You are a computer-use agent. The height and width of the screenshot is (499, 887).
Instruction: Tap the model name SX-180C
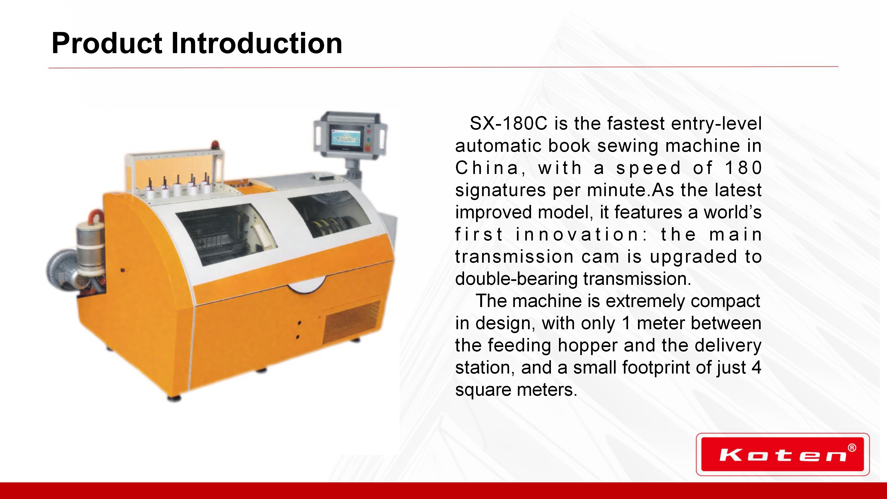tap(509, 123)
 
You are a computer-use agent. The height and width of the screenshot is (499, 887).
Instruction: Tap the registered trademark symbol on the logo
tap(852, 448)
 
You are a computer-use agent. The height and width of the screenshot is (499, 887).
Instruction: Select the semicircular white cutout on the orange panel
tap(307, 286)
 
